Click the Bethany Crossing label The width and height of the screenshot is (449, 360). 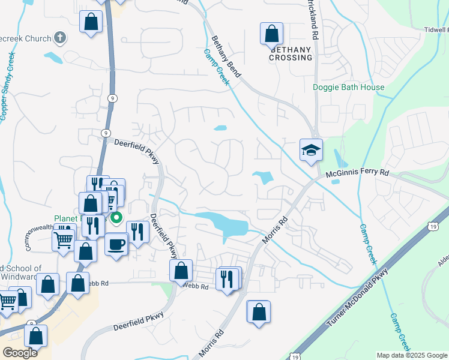(291, 53)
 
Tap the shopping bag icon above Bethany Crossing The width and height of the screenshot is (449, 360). (271, 34)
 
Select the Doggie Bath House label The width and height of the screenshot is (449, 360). (349, 87)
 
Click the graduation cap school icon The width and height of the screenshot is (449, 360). (312, 150)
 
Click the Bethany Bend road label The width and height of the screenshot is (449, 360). (226, 57)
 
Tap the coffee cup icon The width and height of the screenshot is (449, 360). (116, 244)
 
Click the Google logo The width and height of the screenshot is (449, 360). (20, 353)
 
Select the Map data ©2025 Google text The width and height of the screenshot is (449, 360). (412, 355)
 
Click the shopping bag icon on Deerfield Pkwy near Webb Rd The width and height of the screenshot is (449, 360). (181, 271)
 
